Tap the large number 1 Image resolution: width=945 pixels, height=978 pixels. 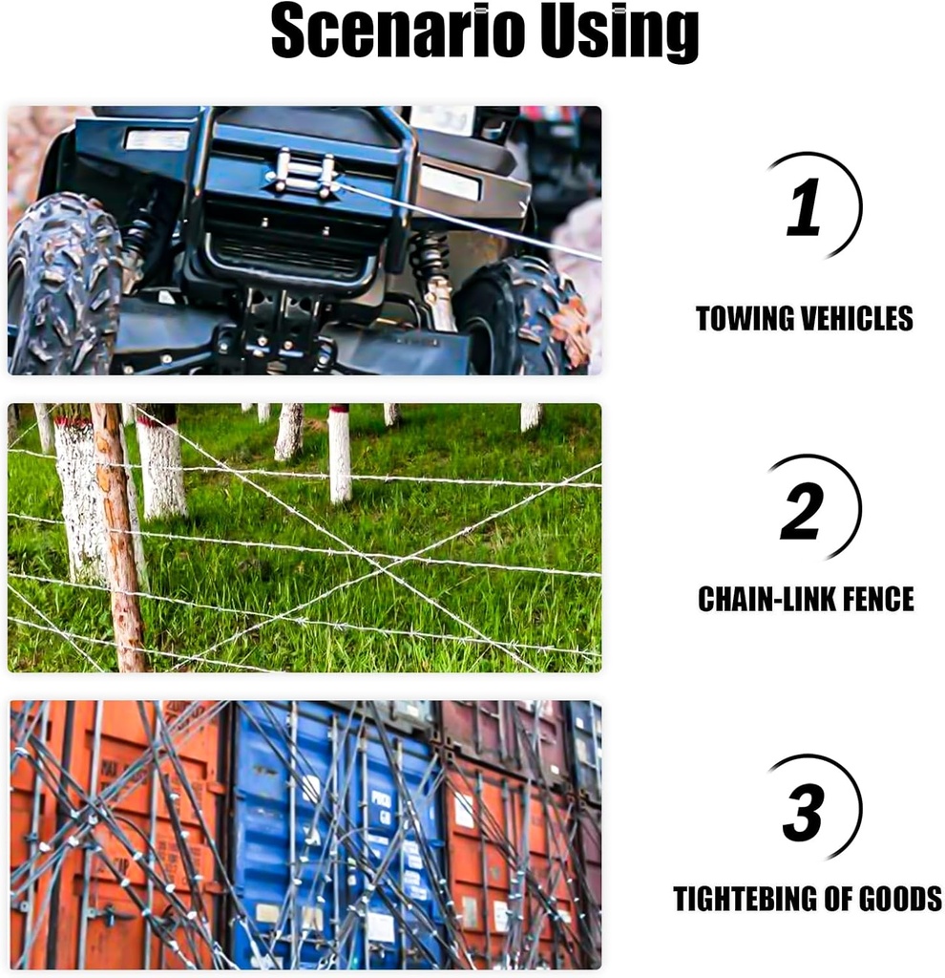[x=804, y=208]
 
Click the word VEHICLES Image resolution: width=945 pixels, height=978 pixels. [x=856, y=318]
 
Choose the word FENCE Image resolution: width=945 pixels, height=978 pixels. [x=877, y=599]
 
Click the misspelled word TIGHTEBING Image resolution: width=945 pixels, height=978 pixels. [x=742, y=899]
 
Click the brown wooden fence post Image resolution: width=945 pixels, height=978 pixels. [x=118, y=535]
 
